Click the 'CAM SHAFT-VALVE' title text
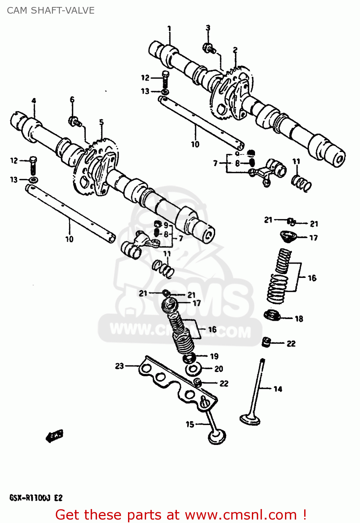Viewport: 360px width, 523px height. pyautogui.click(x=51, y=10)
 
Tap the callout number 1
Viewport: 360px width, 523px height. pyautogui.click(x=169, y=29)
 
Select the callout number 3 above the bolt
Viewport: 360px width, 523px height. pyautogui.click(x=208, y=28)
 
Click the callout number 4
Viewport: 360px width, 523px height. pyautogui.click(x=34, y=101)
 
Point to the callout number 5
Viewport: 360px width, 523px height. pyautogui.click(x=101, y=122)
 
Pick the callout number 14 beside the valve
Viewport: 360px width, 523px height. pyautogui.click(x=278, y=389)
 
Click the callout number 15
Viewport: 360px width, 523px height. pyautogui.click(x=190, y=424)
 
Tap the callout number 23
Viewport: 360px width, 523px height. pyautogui.click(x=119, y=366)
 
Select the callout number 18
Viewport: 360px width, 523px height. pyautogui.click(x=299, y=319)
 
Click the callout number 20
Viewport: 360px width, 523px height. pyautogui.click(x=218, y=369)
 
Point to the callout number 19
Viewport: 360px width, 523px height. pyautogui.click(x=214, y=356)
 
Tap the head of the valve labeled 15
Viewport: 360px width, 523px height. pyautogui.click(x=217, y=437)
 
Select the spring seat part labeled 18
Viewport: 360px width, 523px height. pyautogui.click(x=272, y=316)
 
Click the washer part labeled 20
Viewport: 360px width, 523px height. pyautogui.click(x=193, y=369)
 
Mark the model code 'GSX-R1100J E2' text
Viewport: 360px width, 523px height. pyautogui.click(x=36, y=498)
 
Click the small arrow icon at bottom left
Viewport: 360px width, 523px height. pyautogui.click(x=55, y=435)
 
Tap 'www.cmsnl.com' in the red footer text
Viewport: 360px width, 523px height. pyautogui.click(x=241, y=515)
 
